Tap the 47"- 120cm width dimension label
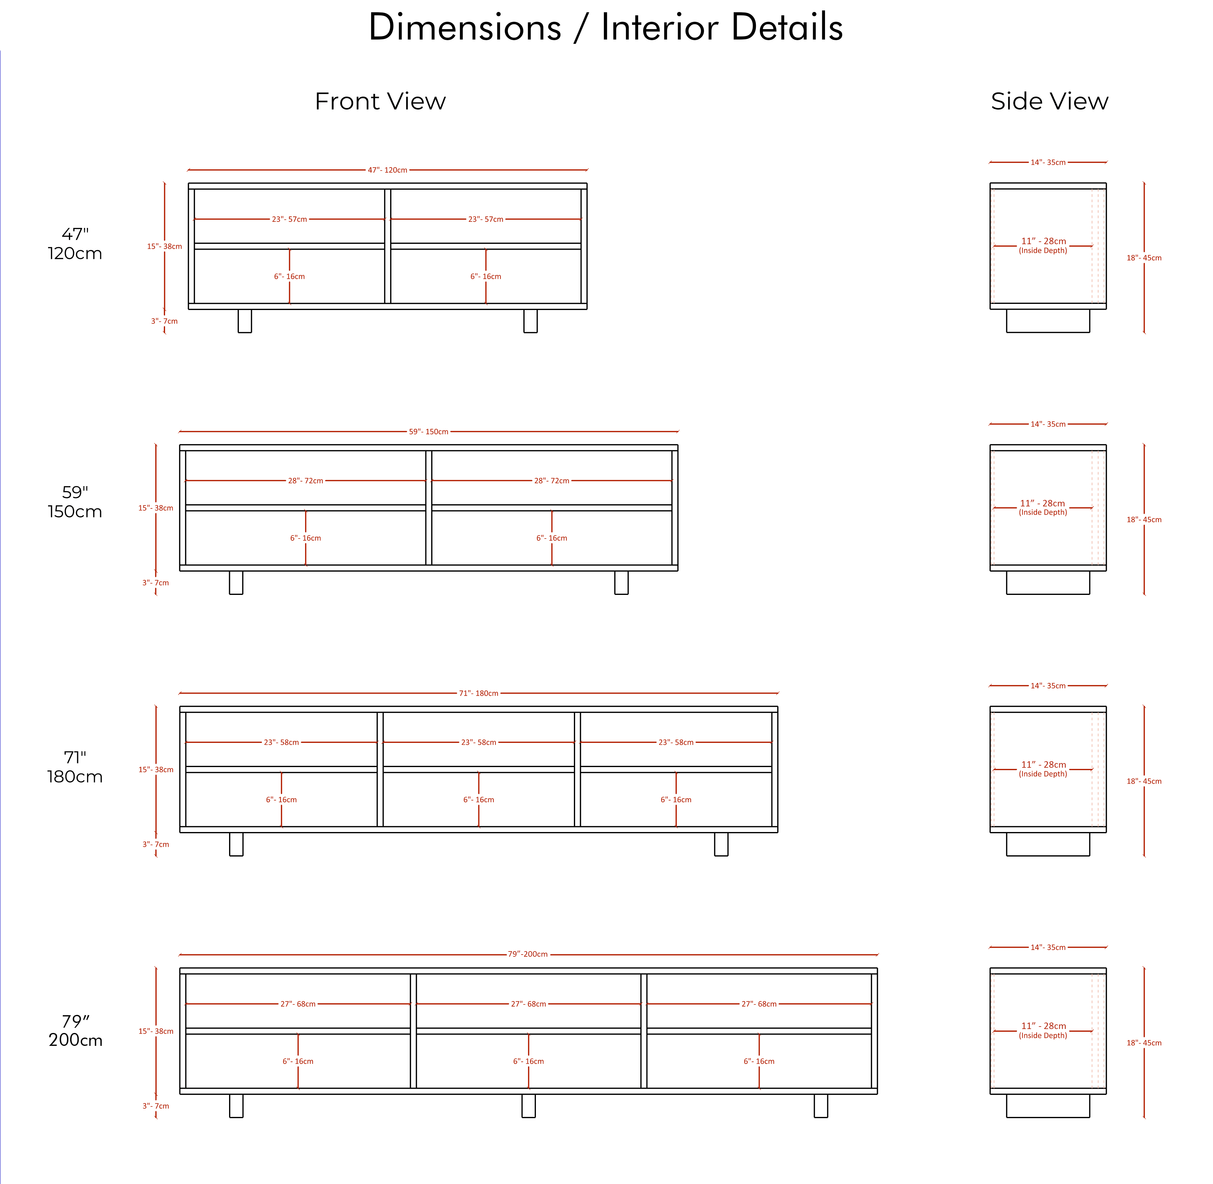[x=387, y=170]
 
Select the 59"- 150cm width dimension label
[x=428, y=432]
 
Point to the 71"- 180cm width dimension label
[x=479, y=693]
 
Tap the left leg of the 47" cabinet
[x=245, y=321]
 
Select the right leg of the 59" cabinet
[x=621, y=583]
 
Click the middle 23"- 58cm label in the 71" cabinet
[x=479, y=743]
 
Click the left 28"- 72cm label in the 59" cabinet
[x=305, y=481]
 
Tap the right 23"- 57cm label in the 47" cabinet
[x=486, y=220]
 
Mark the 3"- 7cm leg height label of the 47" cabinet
[x=164, y=321]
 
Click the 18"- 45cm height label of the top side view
[x=1144, y=258]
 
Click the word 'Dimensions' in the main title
[x=465, y=28]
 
